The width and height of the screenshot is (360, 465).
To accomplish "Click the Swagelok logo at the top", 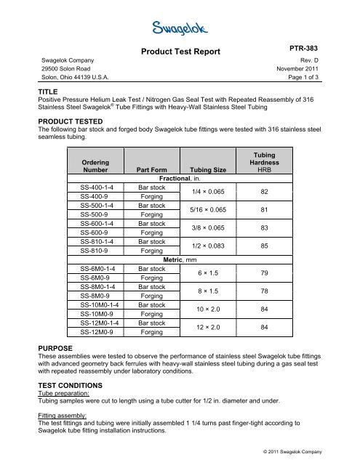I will (180, 28).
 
